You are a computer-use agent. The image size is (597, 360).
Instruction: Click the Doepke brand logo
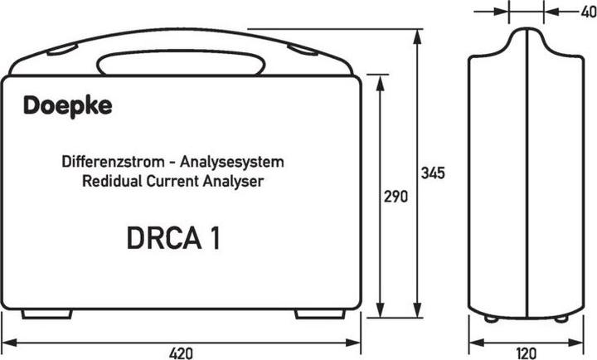pyautogui.click(x=68, y=106)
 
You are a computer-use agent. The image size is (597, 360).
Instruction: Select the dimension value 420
pyautogui.click(x=181, y=353)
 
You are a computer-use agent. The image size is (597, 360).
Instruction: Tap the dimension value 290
pyautogui.click(x=396, y=197)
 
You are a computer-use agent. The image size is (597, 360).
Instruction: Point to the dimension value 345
pyautogui.click(x=433, y=173)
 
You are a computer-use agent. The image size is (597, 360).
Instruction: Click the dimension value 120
pyautogui.click(x=527, y=353)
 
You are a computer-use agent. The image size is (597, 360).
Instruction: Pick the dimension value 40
pyautogui.click(x=589, y=12)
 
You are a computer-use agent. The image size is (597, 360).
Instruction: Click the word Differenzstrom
pyautogui.click(x=113, y=162)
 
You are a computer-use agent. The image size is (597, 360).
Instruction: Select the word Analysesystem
pyautogui.click(x=232, y=163)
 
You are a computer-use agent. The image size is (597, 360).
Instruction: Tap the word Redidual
pyautogui.click(x=112, y=181)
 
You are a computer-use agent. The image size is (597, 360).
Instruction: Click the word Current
pyautogui.click(x=172, y=181)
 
